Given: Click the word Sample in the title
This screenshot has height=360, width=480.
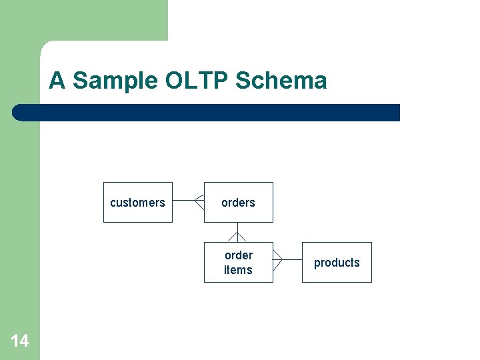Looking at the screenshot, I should coord(115,81).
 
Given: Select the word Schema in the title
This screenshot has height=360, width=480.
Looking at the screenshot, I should coord(281,81).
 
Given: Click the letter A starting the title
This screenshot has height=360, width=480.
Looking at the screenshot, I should coord(57,81).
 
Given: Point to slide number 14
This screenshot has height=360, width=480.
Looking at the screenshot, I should coord(20,341).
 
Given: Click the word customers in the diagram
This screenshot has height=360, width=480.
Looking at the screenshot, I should coord(137,203).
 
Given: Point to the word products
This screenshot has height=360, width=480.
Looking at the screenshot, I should coord(337,263).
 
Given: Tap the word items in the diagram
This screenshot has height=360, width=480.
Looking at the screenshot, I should coord(238,270).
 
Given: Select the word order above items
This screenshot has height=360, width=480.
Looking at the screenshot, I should coord(238,255).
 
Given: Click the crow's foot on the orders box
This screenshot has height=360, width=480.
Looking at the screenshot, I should coord(199,201).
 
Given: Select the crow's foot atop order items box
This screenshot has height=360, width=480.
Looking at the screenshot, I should coord(238,237).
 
